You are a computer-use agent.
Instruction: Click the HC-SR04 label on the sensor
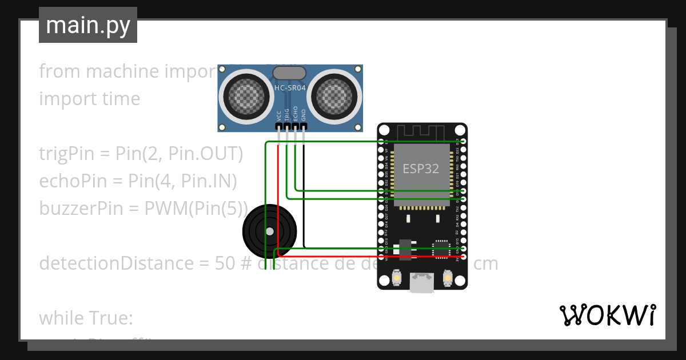click(290, 88)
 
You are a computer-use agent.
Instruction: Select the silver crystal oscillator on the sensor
click(289, 73)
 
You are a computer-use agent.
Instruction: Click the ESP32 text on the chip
click(421, 168)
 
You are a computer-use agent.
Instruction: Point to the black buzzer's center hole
click(269, 231)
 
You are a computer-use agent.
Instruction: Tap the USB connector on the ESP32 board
click(422, 282)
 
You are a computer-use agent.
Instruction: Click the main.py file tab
click(88, 25)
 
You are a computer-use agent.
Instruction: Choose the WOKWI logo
click(607, 315)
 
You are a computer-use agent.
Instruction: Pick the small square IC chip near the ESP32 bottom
click(441, 249)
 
